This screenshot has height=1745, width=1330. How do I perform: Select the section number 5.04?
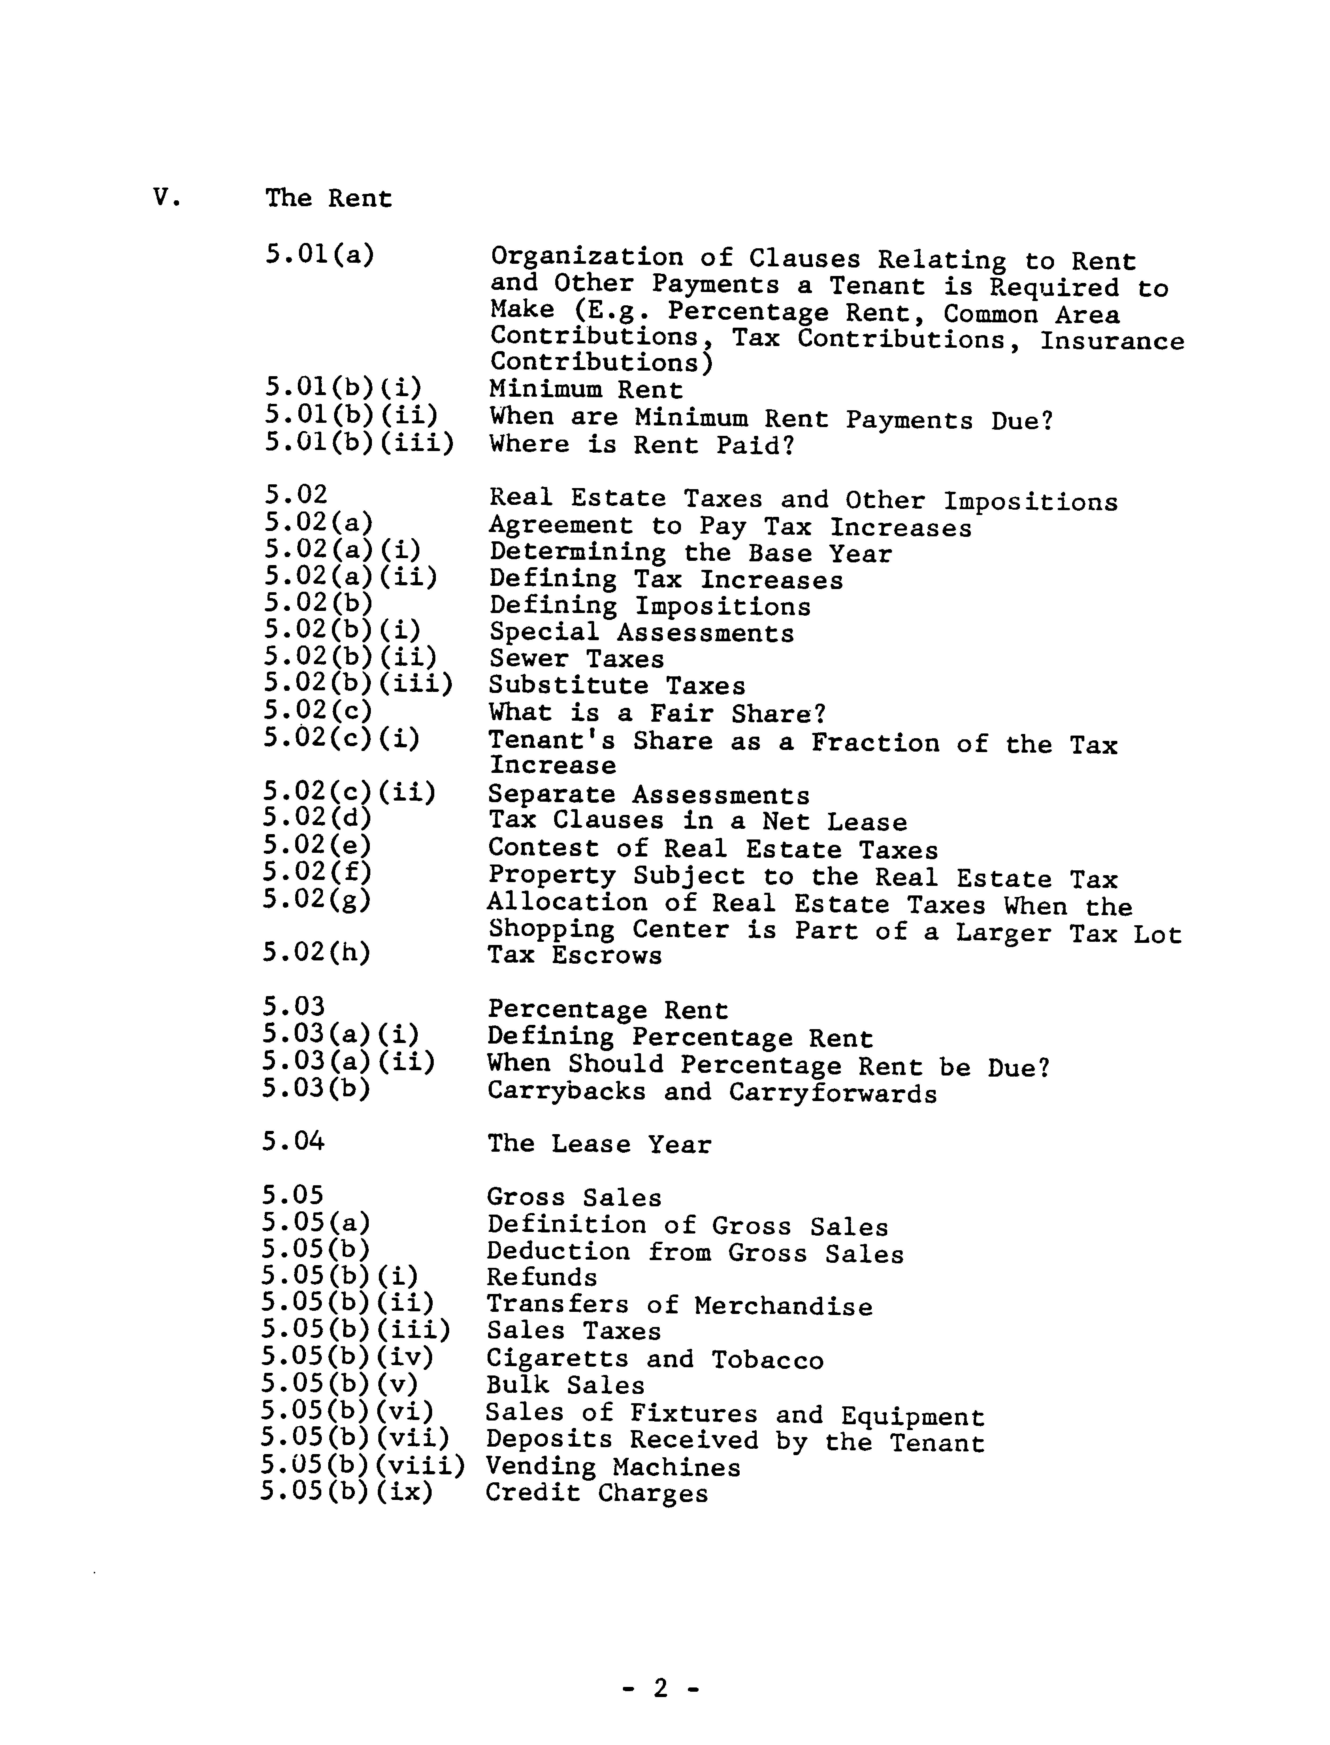[293, 1142]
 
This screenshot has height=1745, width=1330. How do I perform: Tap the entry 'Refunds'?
[541, 1277]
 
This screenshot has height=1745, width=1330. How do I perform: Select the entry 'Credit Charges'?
[596, 1493]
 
